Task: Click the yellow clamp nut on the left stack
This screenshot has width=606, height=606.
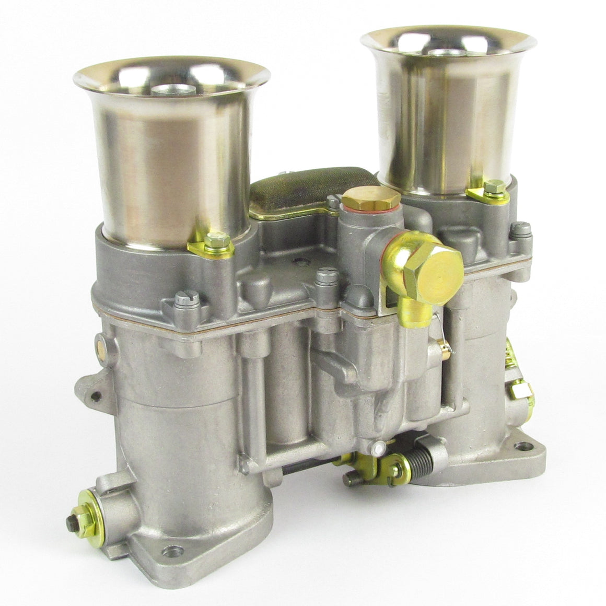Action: pos(212,241)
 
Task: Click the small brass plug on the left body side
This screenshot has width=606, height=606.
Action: pos(98,345)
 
